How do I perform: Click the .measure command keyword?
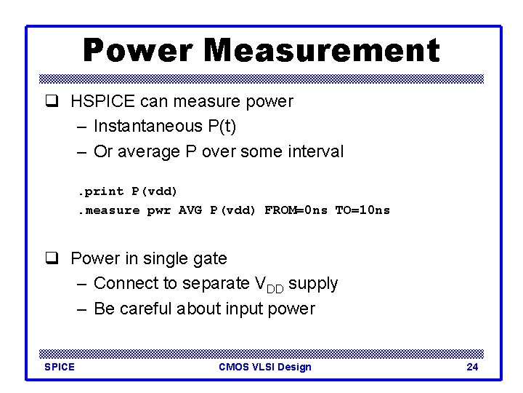click(109, 210)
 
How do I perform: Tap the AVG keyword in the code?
click(191, 210)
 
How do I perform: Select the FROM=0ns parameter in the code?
click(296, 210)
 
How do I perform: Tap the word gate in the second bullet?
click(210, 259)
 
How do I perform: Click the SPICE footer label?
click(60, 367)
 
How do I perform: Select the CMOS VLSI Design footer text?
click(264, 367)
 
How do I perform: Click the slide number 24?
click(472, 367)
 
